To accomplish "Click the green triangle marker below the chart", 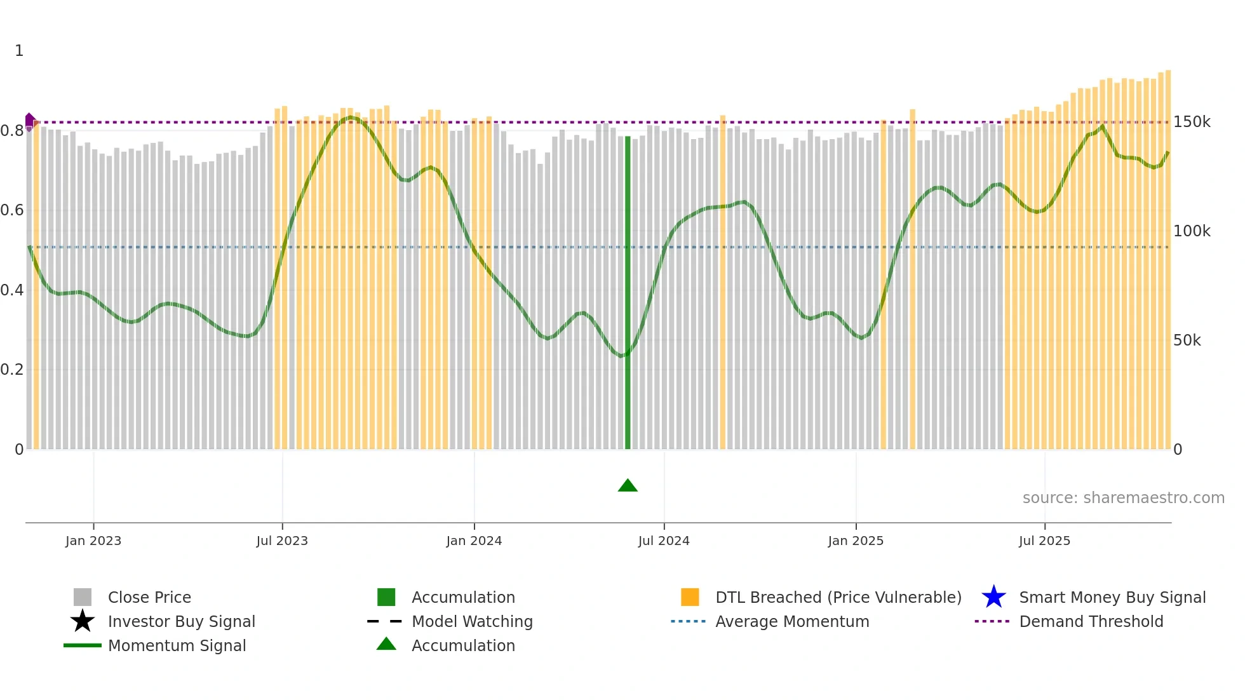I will pyautogui.click(x=628, y=486).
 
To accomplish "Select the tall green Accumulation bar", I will pyautogui.click(x=628, y=292).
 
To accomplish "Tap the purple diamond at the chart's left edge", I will pyautogui.click(x=29, y=121).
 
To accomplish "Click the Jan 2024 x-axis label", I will pyautogui.click(x=474, y=541).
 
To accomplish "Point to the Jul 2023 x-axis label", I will pyautogui.click(x=282, y=541).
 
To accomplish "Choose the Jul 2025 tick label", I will pyautogui.click(x=1044, y=541).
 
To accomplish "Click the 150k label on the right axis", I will pyautogui.click(x=1192, y=122).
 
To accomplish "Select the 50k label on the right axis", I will pyautogui.click(x=1187, y=340).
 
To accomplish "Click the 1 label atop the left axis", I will pyautogui.click(x=19, y=51).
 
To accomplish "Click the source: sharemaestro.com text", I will pyautogui.click(x=1123, y=498).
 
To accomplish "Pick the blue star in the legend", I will pyautogui.click(x=993, y=597).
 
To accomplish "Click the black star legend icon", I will pyautogui.click(x=83, y=621).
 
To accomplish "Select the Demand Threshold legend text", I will pyautogui.click(x=1091, y=621).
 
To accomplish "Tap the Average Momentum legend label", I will pyautogui.click(x=791, y=621).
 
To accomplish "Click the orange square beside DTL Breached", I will pyautogui.click(x=690, y=597).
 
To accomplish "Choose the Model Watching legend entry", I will pyautogui.click(x=472, y=621).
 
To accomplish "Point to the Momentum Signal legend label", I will pyautogui.click(x=177, y=645).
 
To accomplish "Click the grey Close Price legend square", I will pyautogui.click(x=83, y=597).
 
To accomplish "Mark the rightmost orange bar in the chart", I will pyautogui.click(x=1168, y=260).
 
